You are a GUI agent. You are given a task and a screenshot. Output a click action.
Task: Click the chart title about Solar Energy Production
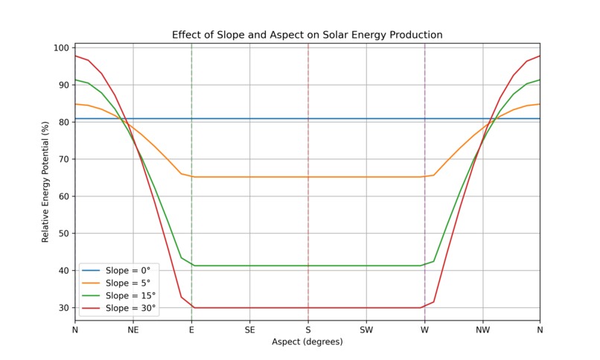pos(307,35)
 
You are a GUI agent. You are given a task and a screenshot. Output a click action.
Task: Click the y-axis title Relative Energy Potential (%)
pos(45,182)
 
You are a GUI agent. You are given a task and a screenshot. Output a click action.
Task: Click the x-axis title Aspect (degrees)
pos(307,342)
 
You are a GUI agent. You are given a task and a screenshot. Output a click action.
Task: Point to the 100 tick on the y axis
pos(61,48)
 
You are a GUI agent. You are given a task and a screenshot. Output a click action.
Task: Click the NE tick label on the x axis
pos(133,329)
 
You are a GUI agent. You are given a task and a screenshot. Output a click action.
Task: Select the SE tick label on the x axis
pos(249,329)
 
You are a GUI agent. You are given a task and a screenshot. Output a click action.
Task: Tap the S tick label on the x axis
pos(308,329)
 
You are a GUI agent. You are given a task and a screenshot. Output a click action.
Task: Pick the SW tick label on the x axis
pos(366,329)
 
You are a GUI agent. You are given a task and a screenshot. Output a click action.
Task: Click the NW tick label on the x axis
pos(482,329)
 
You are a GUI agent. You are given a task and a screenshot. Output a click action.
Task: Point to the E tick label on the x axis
pos(191,329)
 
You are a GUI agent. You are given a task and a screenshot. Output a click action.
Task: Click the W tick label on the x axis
pos(424,329)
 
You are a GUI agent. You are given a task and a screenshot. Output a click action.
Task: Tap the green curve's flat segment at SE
pos(249,266)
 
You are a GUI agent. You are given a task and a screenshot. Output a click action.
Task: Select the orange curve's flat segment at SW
pos(366,177)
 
